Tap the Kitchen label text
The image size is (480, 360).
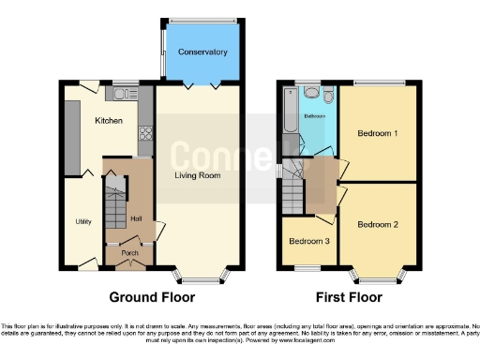(110, 121)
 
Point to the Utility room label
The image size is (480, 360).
(82, 221)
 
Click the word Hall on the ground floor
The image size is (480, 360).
(136, 218)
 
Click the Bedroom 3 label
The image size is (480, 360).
(308, 241)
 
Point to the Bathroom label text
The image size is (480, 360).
(314, 116)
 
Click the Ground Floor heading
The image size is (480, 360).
(152, 297)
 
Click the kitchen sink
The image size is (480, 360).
(121, 92)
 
